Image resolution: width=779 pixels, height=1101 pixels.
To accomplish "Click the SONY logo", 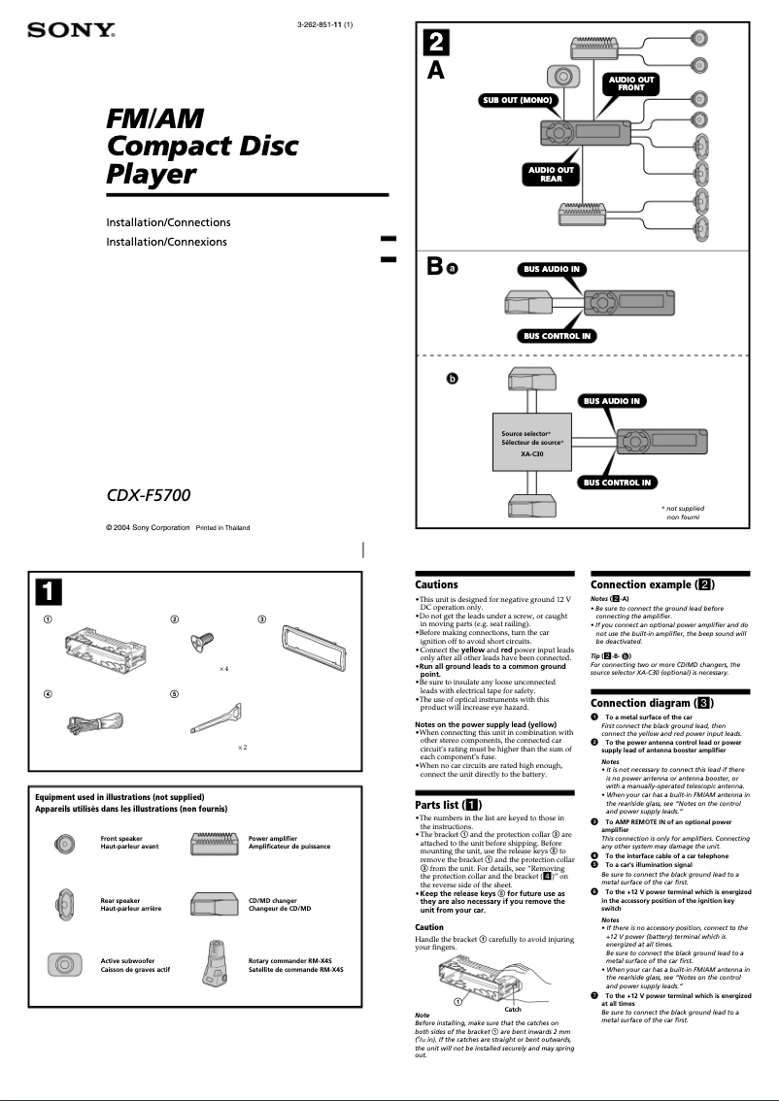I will pos(71,31).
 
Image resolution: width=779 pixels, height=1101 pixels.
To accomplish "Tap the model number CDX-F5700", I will pos(148,495).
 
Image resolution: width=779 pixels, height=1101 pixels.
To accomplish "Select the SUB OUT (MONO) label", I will pos(517,100).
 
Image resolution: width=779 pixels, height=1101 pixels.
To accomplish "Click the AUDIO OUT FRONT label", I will pos(631,83).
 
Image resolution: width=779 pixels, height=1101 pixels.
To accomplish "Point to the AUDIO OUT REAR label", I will pos(551,174).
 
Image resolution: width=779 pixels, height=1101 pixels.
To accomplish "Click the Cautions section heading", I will pos(436,584).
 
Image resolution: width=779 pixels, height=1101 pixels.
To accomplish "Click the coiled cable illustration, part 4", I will pos(94,722).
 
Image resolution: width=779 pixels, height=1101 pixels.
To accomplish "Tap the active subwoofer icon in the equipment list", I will pos(64,964).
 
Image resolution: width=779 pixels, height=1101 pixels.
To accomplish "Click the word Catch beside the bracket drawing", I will pos(513,1009).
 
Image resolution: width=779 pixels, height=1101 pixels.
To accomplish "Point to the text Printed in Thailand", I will pos(222,528).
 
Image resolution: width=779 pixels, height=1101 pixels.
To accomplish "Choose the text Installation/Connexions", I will pos(166,242).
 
